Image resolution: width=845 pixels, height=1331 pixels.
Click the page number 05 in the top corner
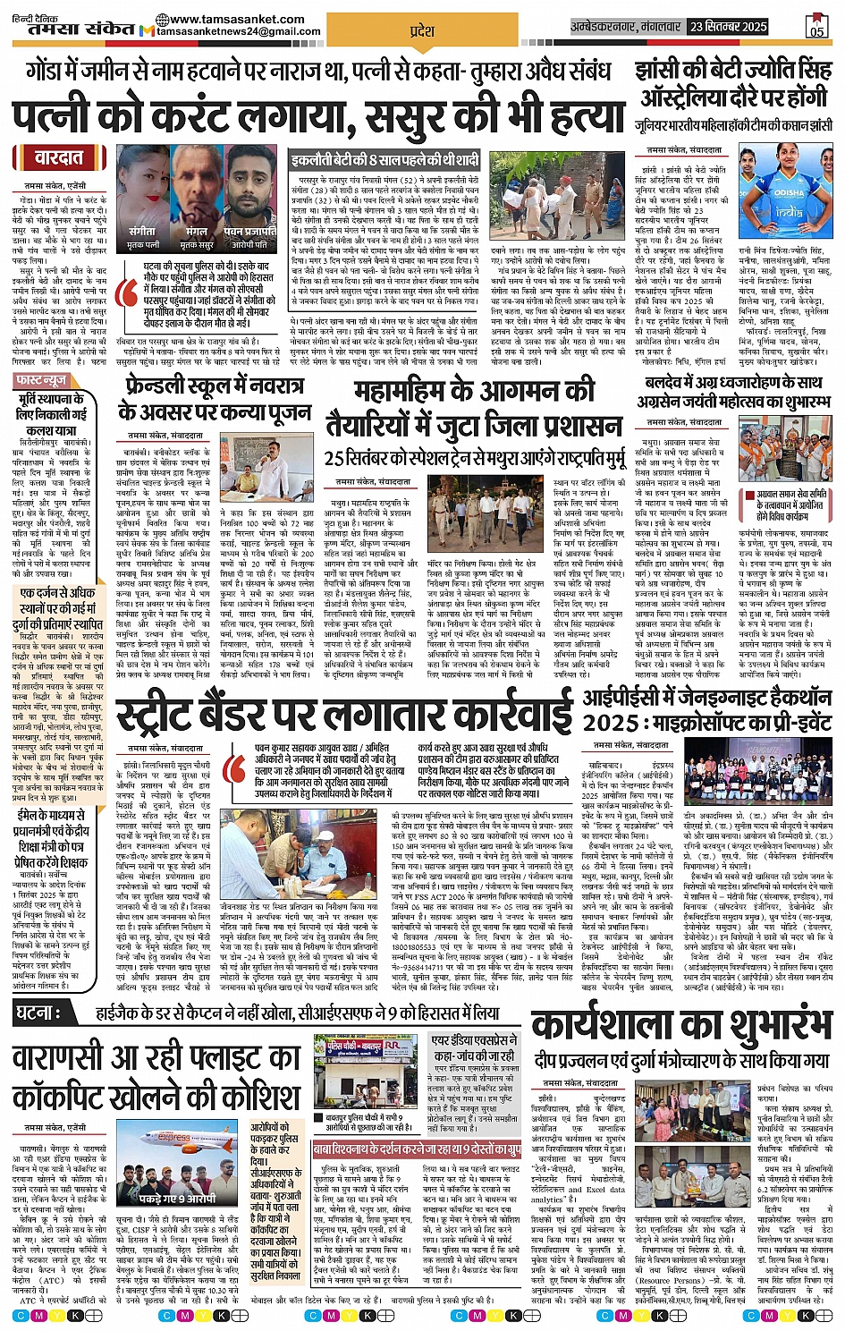(815, 27)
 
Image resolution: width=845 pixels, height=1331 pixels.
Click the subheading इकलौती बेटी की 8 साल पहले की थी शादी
(385, 161)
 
